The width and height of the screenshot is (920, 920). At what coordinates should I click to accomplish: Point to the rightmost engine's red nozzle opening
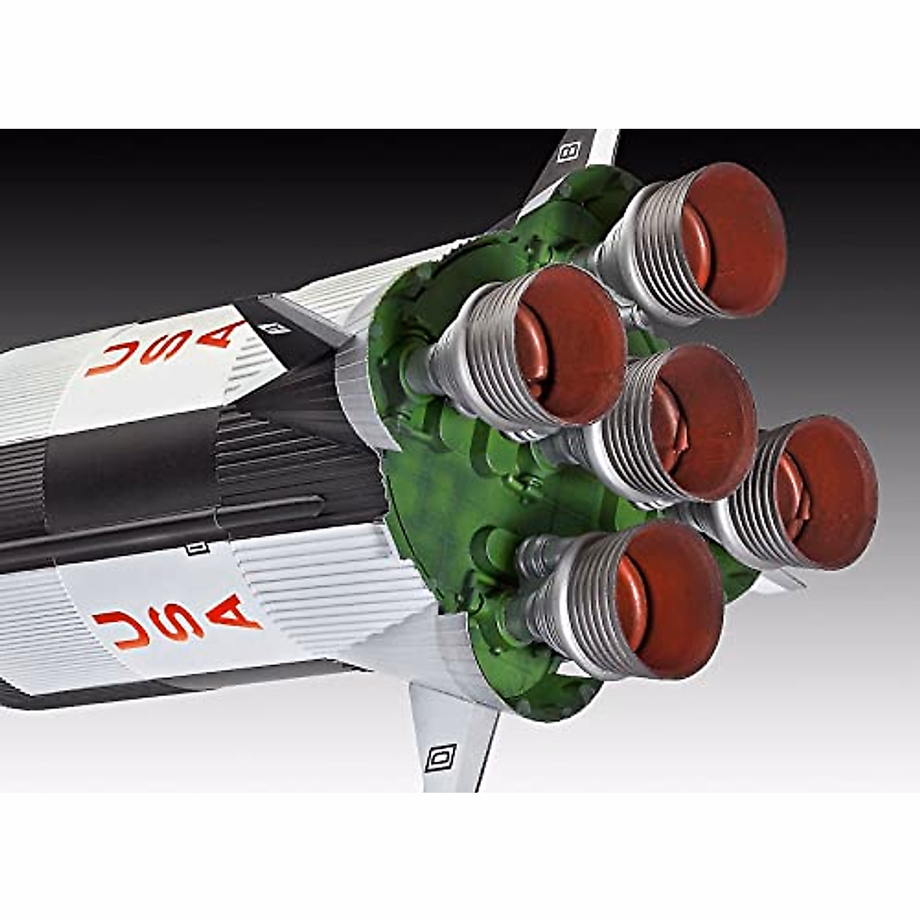tap(826, 492)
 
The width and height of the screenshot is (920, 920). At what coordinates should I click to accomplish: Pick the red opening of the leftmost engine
tap(570, 344)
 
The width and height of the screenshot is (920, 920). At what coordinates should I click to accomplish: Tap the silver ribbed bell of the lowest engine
tap(573, 606)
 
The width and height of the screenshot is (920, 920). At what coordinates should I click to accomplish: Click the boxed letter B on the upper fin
tap(570, 150)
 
